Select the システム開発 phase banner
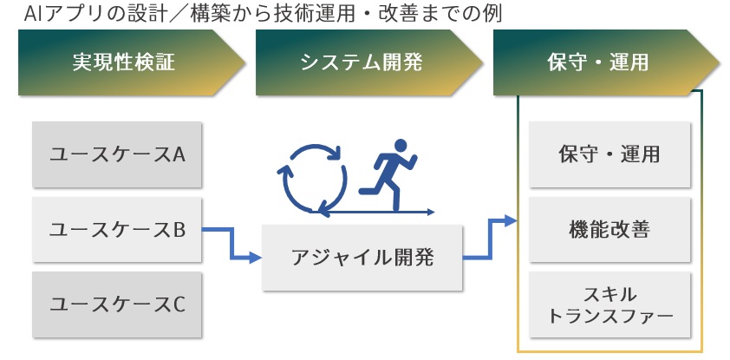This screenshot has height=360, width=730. click(x=361, y=63)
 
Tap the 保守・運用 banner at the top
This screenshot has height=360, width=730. click(x=598, y=63)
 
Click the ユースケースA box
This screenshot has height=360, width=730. click(x=117, y=155)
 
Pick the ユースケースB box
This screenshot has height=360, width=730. click(x=117, y=230)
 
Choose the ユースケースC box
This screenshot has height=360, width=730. click(x=117, y=304)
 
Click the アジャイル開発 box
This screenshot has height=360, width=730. click(x=362, y=258)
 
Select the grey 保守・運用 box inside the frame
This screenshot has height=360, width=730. click(x=610, y=155)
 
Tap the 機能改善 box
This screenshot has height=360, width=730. click(x=610, y=230)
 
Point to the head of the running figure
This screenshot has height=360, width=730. click(x=401, y=145)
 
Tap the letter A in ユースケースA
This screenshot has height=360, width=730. click(x=179, y=155)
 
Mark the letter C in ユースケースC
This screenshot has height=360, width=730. click(x=179, y=304)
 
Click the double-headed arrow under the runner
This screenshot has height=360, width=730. click(x=373, y=211)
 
